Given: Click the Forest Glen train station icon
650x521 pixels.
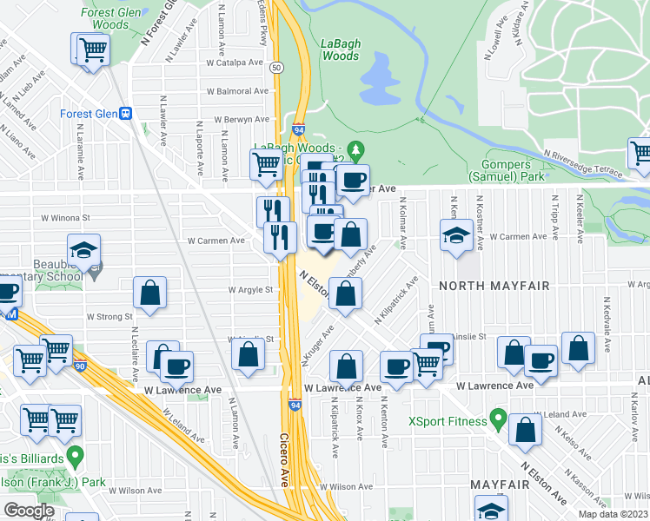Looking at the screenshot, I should (x=126, y=114).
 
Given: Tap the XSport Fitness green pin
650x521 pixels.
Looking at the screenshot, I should (x=498, y=420).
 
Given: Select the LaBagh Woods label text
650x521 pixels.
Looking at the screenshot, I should (x=340, y=49).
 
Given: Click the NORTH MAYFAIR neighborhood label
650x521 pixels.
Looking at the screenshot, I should (x=485, y=285).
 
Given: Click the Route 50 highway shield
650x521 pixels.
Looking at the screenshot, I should (x=275, y=67).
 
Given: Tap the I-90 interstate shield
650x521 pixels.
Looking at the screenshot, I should (x=80, y=367).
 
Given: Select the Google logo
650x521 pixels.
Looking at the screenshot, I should (x=29, y=511).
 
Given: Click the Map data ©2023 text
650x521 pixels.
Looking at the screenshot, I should (x=613, y=514).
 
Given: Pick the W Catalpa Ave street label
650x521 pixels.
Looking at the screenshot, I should (x=234, y=63).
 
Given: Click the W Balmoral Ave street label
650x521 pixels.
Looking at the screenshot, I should (x=236, y=91).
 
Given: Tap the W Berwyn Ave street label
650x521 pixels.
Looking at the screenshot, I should (x=237, y=120).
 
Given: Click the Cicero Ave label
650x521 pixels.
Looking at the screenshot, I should (x=285, y=459).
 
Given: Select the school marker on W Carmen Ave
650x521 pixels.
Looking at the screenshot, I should (x=456, y=235).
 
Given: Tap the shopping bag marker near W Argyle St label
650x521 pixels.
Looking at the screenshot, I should (x=149, y=293).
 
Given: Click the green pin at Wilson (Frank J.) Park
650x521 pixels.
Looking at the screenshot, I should (x=75, y=454).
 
